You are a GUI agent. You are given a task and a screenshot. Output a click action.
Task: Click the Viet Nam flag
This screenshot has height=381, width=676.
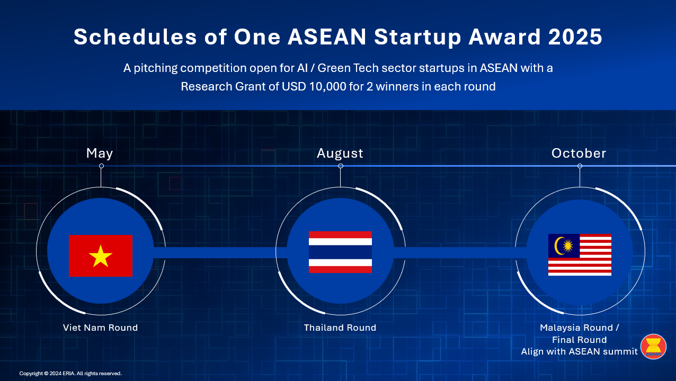click(x=101, y=256)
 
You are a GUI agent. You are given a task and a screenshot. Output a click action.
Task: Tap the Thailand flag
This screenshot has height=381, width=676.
click(x=340, y=252)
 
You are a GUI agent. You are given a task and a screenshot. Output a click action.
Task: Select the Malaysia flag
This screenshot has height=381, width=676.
click(x=580, y=255)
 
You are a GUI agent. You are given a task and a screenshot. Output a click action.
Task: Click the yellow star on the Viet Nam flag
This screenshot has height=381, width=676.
click(x=101, y=256)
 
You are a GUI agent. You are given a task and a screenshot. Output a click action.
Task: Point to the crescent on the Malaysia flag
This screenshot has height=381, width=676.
click(x=558, y=246)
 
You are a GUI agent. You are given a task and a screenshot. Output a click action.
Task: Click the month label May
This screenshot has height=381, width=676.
click(x=100, y=153)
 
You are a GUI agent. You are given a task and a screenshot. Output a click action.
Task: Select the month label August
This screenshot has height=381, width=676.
click(x=340, y=153)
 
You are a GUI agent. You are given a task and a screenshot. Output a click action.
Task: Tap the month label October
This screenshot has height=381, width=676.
click(x=579, y=153)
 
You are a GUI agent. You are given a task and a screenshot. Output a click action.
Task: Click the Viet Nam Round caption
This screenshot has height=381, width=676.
click(x=100, y=328)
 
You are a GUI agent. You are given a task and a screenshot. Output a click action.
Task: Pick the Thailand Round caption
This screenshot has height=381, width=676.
click(x=340, y=328)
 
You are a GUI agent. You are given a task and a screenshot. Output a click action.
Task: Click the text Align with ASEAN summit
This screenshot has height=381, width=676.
click(x=580, y=352)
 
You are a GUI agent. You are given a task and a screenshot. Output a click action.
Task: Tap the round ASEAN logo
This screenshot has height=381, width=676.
click(x=653, y=347)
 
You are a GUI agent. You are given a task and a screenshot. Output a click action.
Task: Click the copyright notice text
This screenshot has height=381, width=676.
click(x=70, y=374)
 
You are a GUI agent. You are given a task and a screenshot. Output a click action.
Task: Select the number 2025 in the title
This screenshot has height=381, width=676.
click(x=575, y=37)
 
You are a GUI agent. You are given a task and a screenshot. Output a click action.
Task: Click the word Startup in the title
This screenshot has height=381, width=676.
click(x=417, y=38)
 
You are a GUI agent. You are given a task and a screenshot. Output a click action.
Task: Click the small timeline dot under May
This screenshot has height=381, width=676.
click(x=101, y=166)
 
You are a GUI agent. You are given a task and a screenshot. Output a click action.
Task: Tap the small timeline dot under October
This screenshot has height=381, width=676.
click(x=580, y=166)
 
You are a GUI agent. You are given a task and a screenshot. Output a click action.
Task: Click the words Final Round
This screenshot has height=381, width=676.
click(x=580, y=340)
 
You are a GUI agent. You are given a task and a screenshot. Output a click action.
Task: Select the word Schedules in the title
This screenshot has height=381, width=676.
click(x=135, y=37)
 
